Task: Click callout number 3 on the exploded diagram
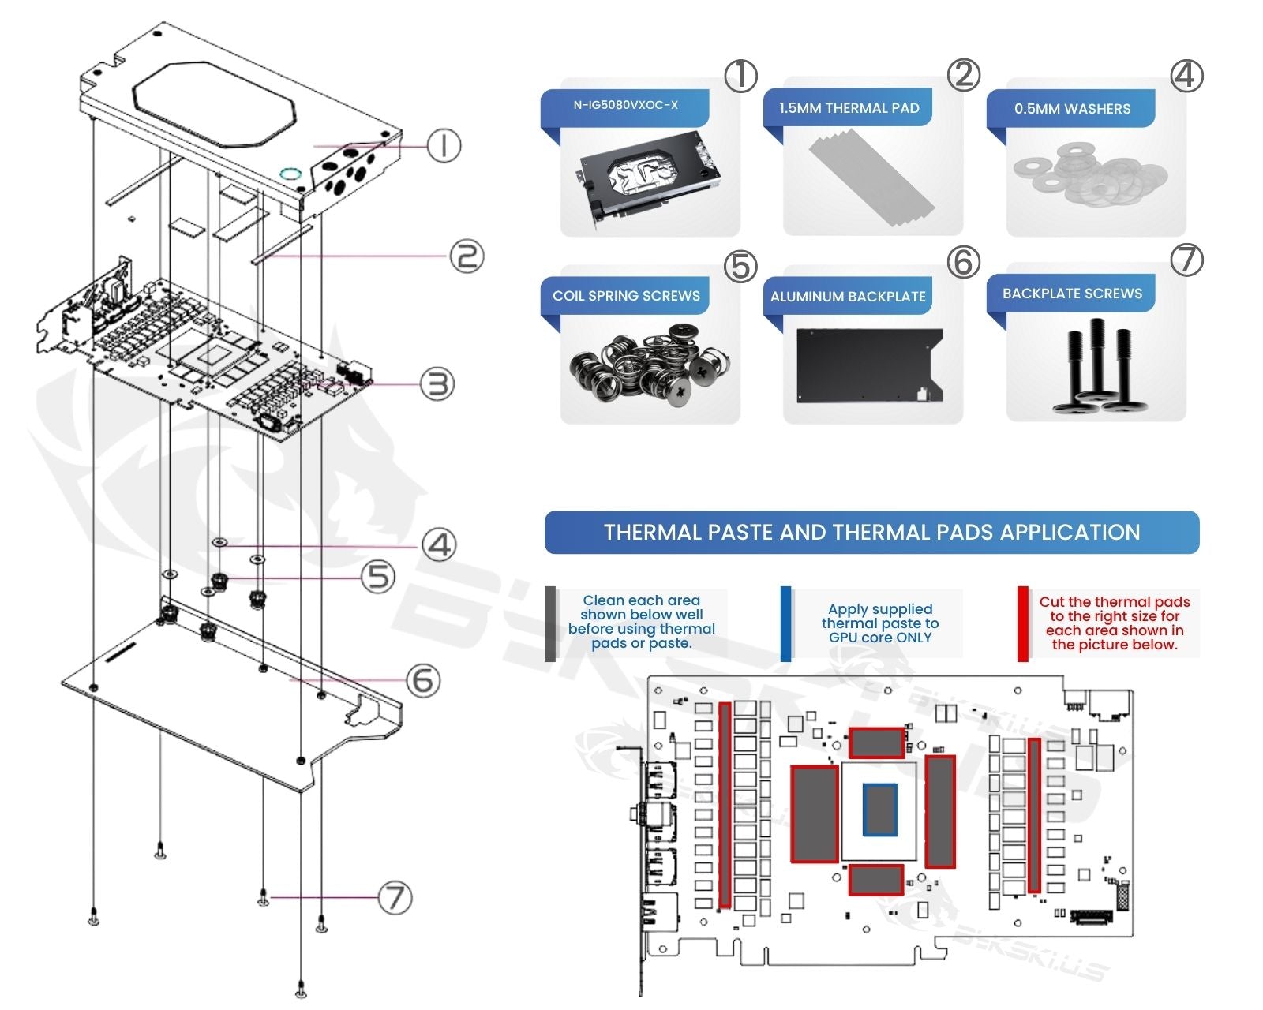(x=437, y=384)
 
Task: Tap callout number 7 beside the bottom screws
(x=395, y=897)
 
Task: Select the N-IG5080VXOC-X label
(x=625, y=105)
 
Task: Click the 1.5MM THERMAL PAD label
(x=849, y=108)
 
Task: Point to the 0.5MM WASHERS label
(x=1072, y=109)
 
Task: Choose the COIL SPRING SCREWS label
(x=626, y=296)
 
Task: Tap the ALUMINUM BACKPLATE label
(x=848, y=297)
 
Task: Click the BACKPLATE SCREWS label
(x=1072, y=294)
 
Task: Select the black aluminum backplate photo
(x=870, y=365)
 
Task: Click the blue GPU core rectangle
(x=879, y=810)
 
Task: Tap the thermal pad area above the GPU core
(x=876, y=743)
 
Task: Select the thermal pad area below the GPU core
(x=876, y=879)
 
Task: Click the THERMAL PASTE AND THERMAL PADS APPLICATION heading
(x=871, y=533)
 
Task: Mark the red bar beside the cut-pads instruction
(x=1022, y=623)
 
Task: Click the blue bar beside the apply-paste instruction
(x=785, y=623)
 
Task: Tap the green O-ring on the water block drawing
(x=289, y=173)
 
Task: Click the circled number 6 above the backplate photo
(x=963, y=262)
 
